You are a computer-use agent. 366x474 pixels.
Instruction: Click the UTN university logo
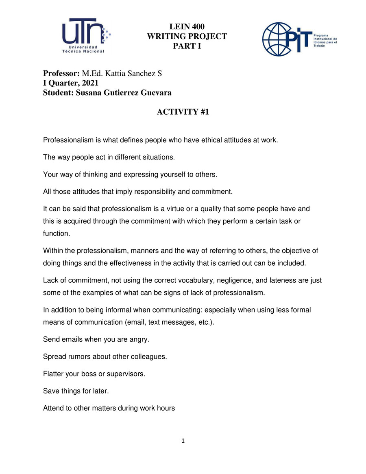(86, 36)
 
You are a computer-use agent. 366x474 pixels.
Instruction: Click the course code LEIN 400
(187, 27)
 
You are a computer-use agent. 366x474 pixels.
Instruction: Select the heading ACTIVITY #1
(183, 112)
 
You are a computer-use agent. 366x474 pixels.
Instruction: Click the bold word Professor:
(61, 74)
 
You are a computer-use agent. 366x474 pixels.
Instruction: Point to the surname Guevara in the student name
(156, 93)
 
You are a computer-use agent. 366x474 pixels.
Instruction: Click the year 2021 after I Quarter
(90, 83)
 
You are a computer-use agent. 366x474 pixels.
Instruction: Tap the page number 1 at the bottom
(183, 440)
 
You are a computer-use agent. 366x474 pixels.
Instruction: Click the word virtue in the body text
(187, 209)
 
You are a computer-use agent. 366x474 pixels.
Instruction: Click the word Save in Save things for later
(50, 391)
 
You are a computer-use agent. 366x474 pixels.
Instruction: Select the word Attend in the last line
(53, 408)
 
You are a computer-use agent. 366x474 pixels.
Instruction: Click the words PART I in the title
(187, 46)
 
